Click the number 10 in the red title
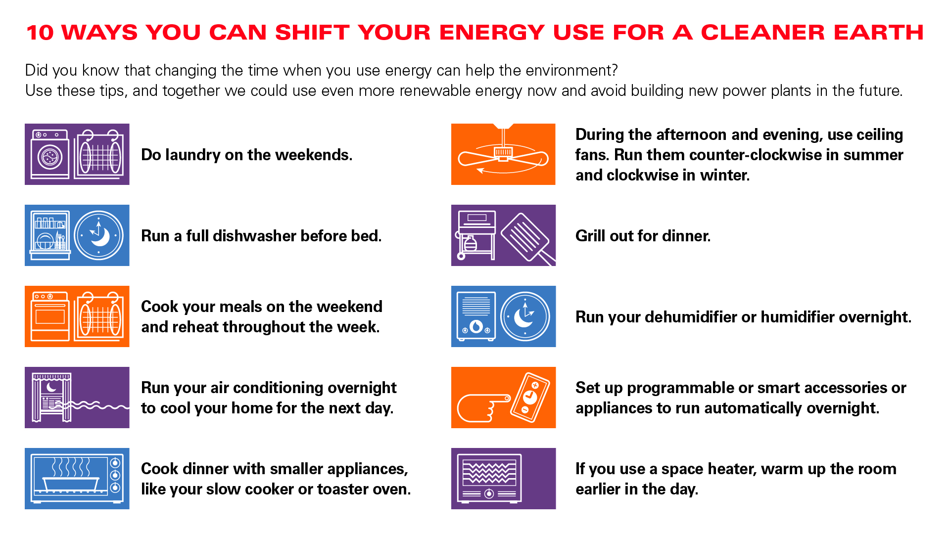(x=40, y=33)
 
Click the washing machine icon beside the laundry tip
(x=50, y=154)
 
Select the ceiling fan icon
(x=503, y=154)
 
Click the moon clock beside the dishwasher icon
(x=99, y=235)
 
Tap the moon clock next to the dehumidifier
(x=525, y=316)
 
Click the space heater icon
(x=489, y=478)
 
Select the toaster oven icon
(x=77, y=479)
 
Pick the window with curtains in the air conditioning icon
(x=51, y=398)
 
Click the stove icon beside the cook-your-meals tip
(x=50, y=316)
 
